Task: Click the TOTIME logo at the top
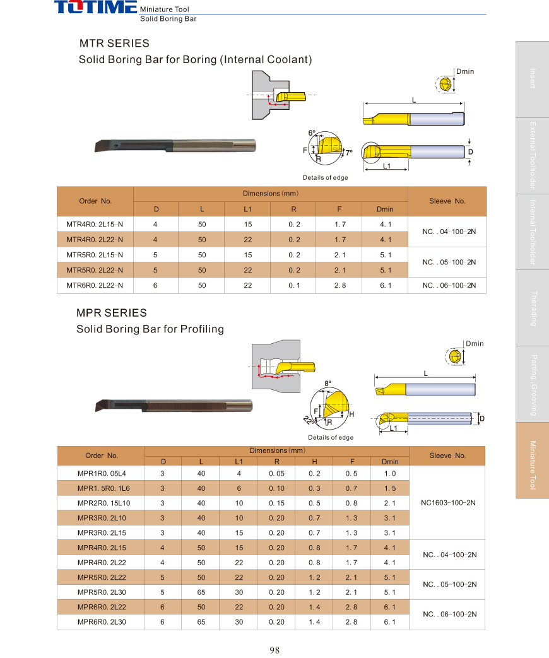pyautogui.click(x=95, y=8)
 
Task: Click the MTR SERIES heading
pyautogui.click(x=114, y=44)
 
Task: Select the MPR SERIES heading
pyautogui.click(x=111, y=313)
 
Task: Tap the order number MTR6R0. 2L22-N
pyautogui.click(x=95, y=285)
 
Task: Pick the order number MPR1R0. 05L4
pyautogui.click(x=101, y=473)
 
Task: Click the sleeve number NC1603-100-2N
pyautogui.click(x=447, y=503)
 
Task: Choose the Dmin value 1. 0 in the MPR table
pyautogui.click(x=390, y=473)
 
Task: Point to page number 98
pyautogui.click(x=274, y=650)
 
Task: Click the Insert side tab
pyautogui.click(x=533, y=79)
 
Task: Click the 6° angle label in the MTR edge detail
pyautogui.click(x=311, y=133)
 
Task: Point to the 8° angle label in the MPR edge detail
pyautogui.click(x=328, y=383)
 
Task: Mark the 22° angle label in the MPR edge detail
pyautogui.click(x=307, y=420)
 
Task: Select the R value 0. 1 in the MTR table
pyautogui.click(x=293, y=285)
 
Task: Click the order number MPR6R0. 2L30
pyautogui.click(x=101, y=622)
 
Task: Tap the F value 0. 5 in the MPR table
pyautogui.click(x=351, y=473)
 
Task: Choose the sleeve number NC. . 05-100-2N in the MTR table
pyautogui.click(x=447, y=262)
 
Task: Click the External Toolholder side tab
pyautogui.click(x=533, y=155)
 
